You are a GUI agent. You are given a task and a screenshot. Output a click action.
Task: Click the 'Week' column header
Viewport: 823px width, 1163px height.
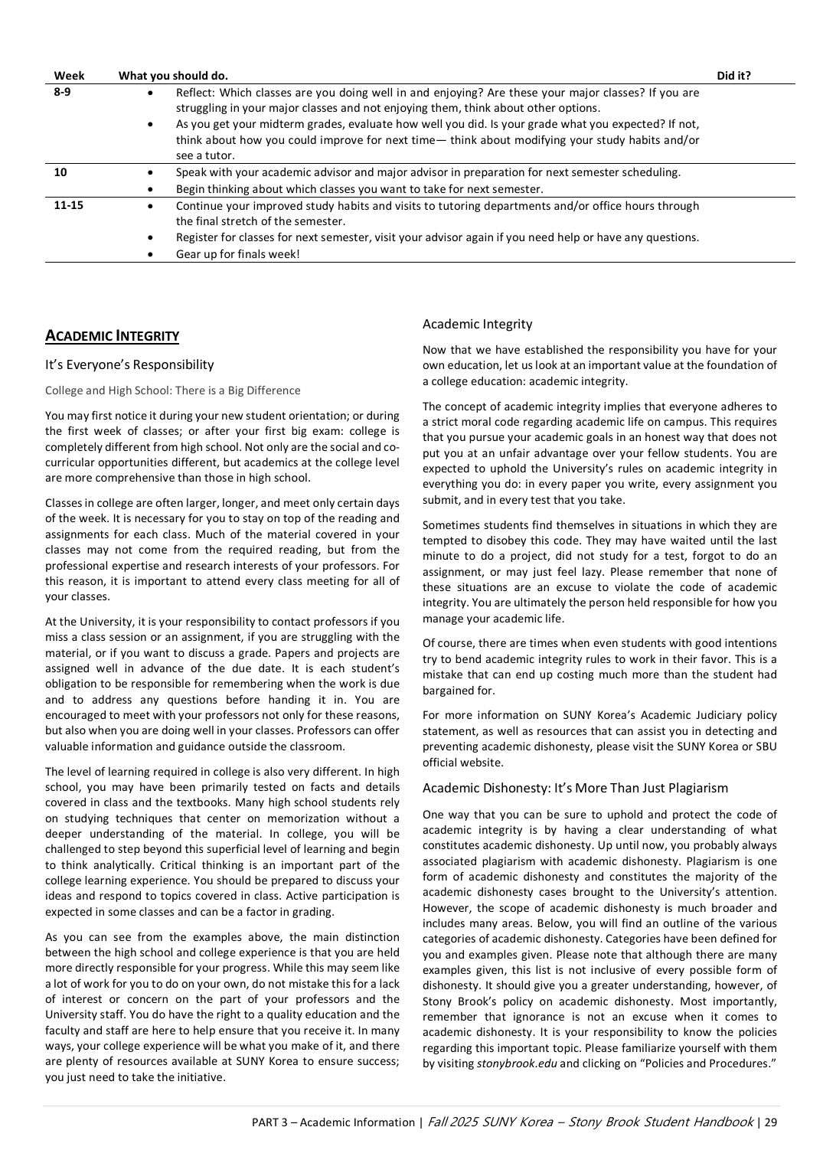click(69, 76)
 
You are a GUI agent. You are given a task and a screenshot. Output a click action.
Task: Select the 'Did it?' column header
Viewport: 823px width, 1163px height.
click(733, 76)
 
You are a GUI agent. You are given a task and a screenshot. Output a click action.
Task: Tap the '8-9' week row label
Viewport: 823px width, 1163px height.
click(62, 93)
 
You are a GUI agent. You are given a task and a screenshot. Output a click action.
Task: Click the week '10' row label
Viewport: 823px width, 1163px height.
click(60, 172)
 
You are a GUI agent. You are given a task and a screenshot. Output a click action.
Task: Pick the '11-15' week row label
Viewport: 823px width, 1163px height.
click(68, 205)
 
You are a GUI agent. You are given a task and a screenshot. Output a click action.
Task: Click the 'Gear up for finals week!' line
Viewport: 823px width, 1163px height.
click(237, 254)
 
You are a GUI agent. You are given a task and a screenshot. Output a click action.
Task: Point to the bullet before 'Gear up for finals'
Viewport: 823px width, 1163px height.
click(149, 255)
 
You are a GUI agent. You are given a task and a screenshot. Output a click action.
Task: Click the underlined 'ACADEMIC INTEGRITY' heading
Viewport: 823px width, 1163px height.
click(112, 336)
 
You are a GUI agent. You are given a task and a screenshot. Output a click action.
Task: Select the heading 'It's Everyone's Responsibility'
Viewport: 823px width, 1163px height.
click(129, 365)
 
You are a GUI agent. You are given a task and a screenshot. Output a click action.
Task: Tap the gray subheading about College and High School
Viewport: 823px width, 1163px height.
click(172, 390)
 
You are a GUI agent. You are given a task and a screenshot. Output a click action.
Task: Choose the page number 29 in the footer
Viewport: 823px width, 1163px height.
click(770, 1122)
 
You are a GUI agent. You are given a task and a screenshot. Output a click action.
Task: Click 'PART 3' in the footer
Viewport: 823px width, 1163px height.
click(269, 1122)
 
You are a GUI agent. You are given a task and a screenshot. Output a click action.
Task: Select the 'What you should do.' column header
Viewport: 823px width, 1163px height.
click(173, 76)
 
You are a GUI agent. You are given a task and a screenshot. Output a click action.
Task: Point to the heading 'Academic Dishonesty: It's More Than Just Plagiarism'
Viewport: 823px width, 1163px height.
click(575, 789)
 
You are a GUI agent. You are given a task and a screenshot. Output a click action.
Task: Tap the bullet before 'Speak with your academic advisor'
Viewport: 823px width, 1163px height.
click(149, 173)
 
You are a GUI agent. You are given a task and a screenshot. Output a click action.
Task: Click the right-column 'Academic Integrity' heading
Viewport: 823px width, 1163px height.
click(477, 325)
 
